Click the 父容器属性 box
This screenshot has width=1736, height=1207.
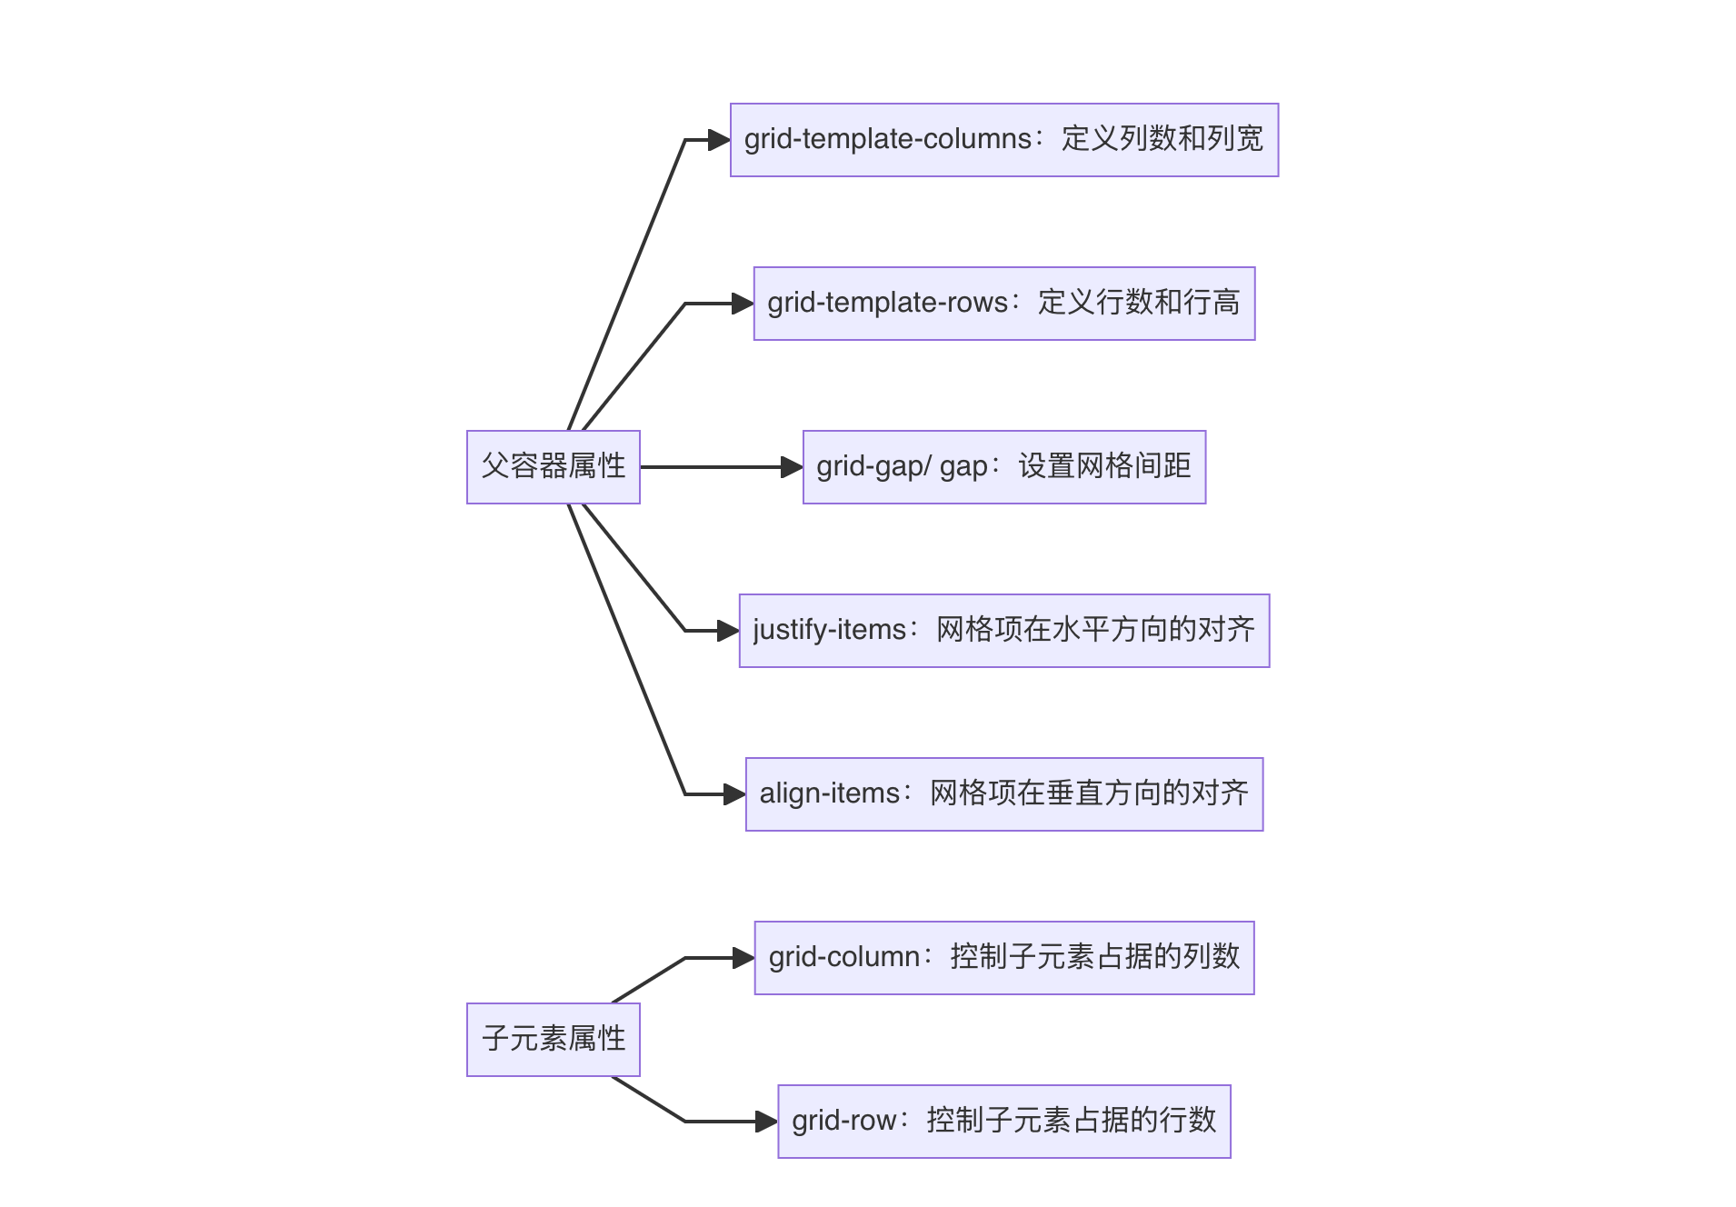pyautogui.click(x=553, y=466)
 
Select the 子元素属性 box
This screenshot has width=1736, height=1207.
pyautogui.click(x=553, y=1039)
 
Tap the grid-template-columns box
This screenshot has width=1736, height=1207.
pyautogui.click(x=1003, y=140)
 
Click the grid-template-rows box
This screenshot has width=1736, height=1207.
pyautogui.click(x=1003, y=304)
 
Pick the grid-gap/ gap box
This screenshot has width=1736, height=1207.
pyautogui.click(x=1003, y=467)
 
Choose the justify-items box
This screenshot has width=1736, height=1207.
pyautogui.click(x=1003, y=631)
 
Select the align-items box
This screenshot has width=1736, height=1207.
pyautogui.click(x=1003, y=794)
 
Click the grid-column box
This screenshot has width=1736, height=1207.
pyautogui.click(x=1003, y=958)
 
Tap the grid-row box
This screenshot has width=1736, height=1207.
pyautogui.click(x=1003, y=1122)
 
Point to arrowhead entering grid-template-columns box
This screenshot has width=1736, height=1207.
pyautogui.click(x=720, y=140)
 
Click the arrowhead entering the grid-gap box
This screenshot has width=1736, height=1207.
pyautogui.click(x=792, y=467)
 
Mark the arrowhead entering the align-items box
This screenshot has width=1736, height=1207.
pyautogui.click(x=734, y=794)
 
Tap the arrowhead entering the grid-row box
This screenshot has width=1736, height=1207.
pyautogui.click(x=767, y=1122)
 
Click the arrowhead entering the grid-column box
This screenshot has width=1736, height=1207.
pyautogui.click(x=743, y=958)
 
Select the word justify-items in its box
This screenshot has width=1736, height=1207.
pyautogui.click(x=829, y=630)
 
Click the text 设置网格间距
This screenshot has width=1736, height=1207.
pyautogui.click(x=1104, y=466)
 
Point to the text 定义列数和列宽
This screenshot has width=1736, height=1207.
pyautogui.click(x=1162, y=139)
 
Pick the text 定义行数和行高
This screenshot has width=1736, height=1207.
pyautogui.click(x=1139, y=303)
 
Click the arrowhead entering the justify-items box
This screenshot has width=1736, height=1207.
pyautogui.click(x=728, y=631)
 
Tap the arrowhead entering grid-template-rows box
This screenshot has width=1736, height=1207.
pyautogui.click(x=743, y=304)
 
